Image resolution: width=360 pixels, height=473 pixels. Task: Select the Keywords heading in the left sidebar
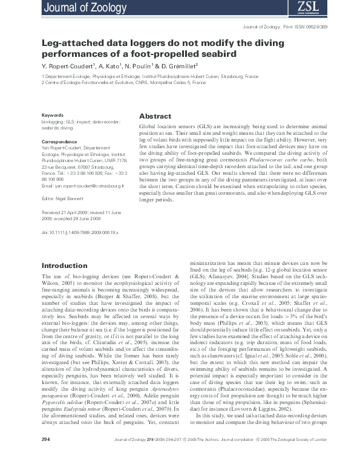click(52, 115)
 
